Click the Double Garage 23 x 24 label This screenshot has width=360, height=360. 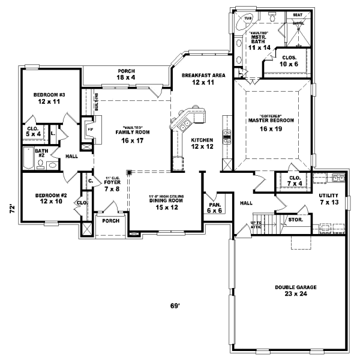point(296,291)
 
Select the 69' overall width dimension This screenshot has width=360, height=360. point(175,306)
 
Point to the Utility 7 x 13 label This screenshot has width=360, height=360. point(329,199)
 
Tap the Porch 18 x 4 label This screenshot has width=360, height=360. point(127,74)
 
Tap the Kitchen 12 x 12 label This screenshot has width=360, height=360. point(202,143)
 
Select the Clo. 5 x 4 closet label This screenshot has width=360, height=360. point(33,131)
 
